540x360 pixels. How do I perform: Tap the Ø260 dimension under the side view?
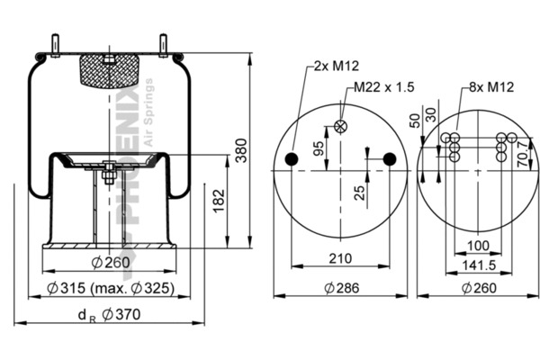107,264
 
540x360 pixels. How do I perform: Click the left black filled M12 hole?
291,160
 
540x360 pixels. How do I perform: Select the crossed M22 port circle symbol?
340,127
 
